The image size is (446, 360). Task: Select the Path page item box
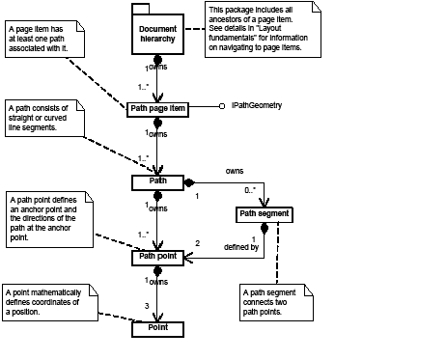(x=156, y=109)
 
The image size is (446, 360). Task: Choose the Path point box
(x=156, y=256)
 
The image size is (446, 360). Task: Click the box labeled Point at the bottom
(x=156, y=329)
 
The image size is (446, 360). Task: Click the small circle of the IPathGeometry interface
(x=221, y=105)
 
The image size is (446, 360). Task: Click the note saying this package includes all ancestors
(x=256, y=29)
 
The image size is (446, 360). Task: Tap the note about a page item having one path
(x=50, y=40)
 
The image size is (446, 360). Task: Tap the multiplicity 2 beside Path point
(x=198, y=243)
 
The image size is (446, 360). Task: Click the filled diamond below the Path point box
(x=156, y=272)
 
